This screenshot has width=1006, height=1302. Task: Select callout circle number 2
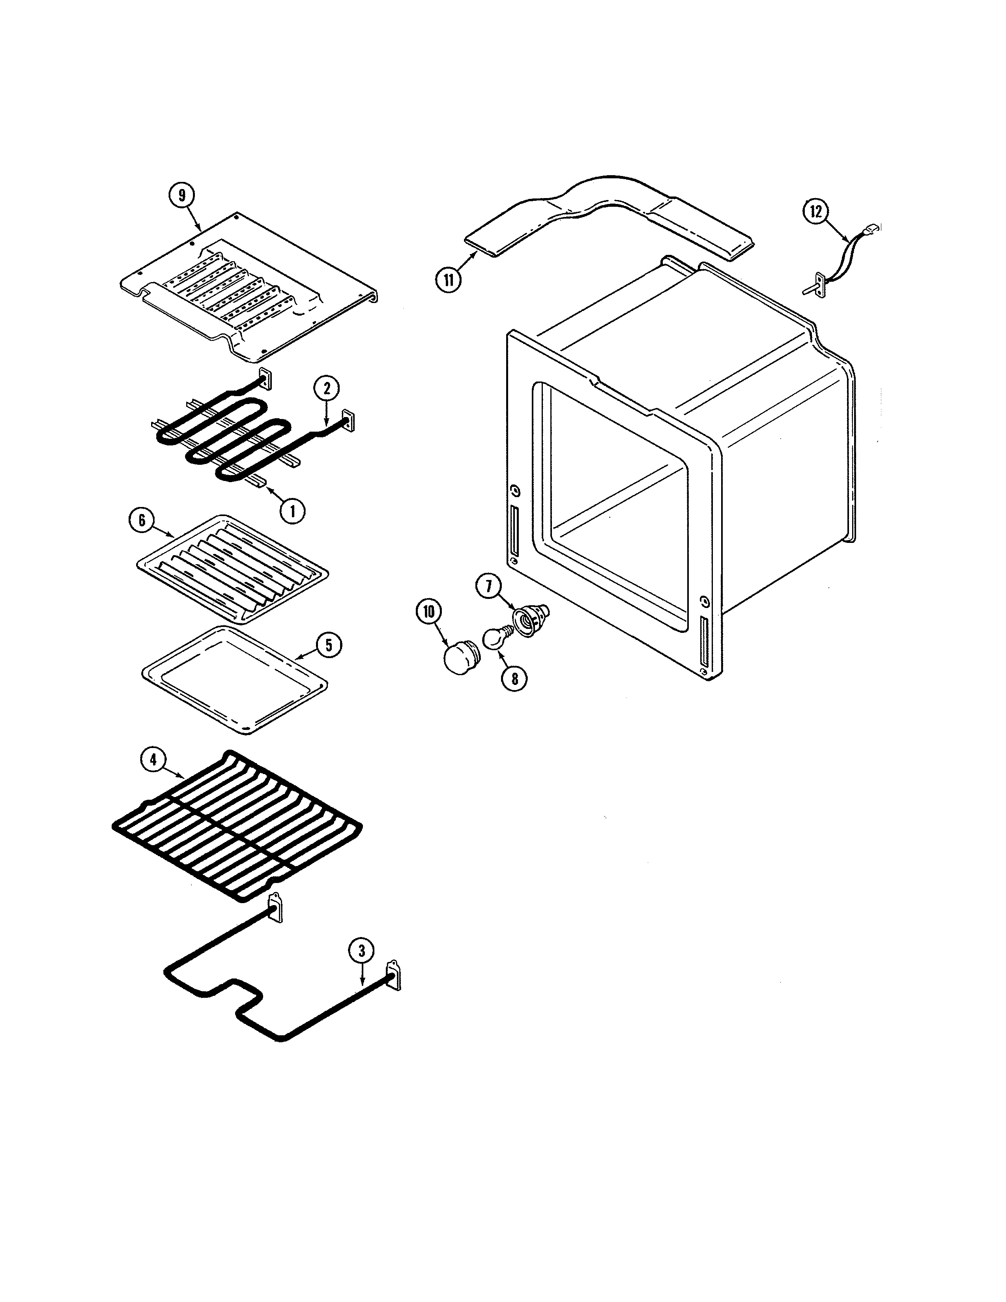tap(327, 388)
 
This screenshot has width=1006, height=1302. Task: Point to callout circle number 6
tap(142, 520)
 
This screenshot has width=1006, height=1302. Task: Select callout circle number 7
tap(489, 587)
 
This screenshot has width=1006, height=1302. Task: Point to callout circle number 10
tap(429, 613)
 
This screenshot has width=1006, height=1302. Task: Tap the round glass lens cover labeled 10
tap(458, 658)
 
